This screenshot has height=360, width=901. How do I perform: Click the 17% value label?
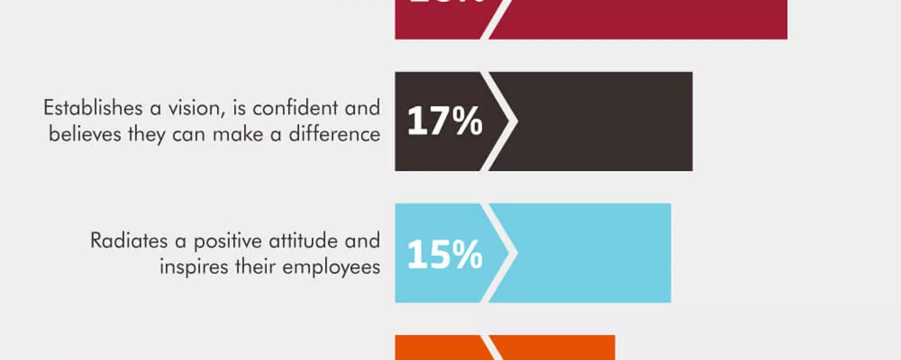(x=445, y=121)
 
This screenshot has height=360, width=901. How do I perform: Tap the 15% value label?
(x=445, y=254)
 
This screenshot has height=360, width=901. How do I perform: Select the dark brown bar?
(x=604, y=121)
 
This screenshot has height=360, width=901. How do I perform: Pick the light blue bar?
(x=592, y=253)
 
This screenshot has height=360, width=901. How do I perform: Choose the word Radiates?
(x=128, y=241)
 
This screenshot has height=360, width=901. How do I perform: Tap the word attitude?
(x=306, y=241)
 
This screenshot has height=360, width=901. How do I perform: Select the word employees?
(x=331, y=268)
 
